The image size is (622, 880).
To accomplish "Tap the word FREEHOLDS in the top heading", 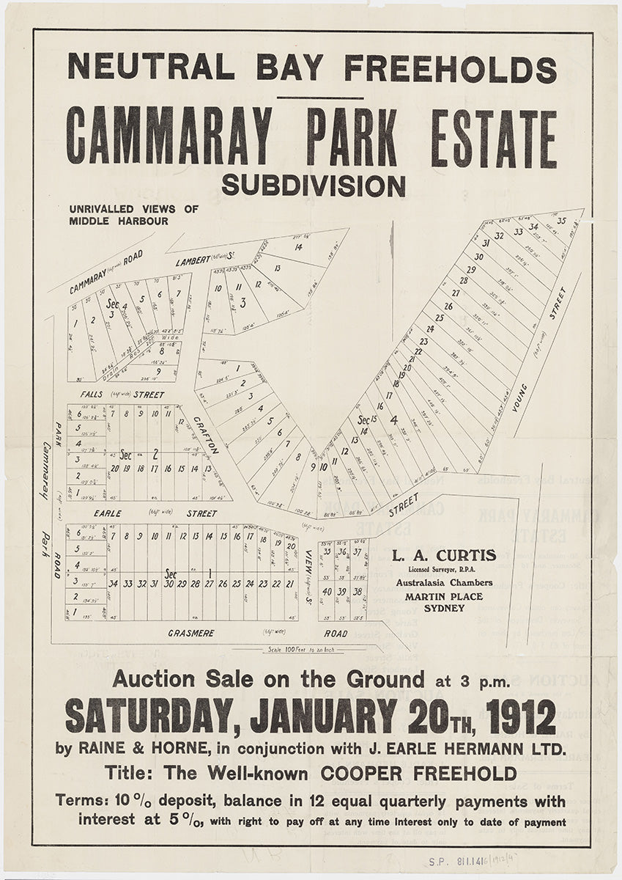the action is point(450,68).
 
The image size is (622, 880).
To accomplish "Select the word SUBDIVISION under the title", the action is point(313,186).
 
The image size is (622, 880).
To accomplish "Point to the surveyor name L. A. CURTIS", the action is point(443,556).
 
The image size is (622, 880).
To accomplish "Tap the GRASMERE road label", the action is point(191,632).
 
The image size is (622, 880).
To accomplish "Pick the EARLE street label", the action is point(107,513).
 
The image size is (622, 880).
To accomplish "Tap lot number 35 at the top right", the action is point(562,221).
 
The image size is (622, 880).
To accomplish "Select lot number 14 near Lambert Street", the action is point(298,247).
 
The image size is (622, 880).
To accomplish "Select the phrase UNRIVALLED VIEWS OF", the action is point(133,209).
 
